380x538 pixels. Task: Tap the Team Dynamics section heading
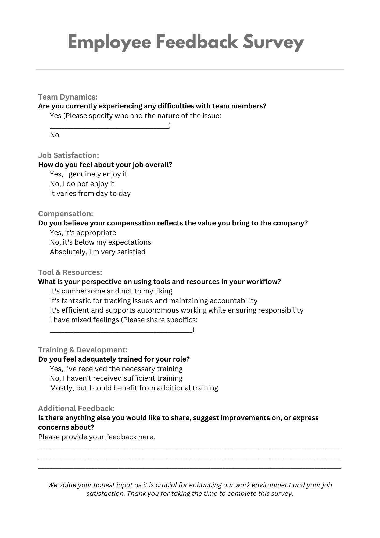point(67,97)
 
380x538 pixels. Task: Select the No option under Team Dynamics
point(55,135)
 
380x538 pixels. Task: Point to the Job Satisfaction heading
point(69,155)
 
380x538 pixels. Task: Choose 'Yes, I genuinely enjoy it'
point(88,174)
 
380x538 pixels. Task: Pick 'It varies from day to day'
point(90,193)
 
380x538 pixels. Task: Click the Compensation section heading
point(66,214)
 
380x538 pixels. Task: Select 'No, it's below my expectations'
point(100,242)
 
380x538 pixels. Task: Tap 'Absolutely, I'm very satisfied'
point(98,252)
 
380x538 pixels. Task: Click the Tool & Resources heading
point(70,272)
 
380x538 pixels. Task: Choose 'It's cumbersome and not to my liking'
point(111,291)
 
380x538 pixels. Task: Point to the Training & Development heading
point(83,350)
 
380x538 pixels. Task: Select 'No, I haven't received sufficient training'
point(116,378)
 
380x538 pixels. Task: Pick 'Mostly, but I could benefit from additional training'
point(134,388)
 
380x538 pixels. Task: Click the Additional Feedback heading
point(76,408)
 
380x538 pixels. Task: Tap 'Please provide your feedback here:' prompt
point(96,437)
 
